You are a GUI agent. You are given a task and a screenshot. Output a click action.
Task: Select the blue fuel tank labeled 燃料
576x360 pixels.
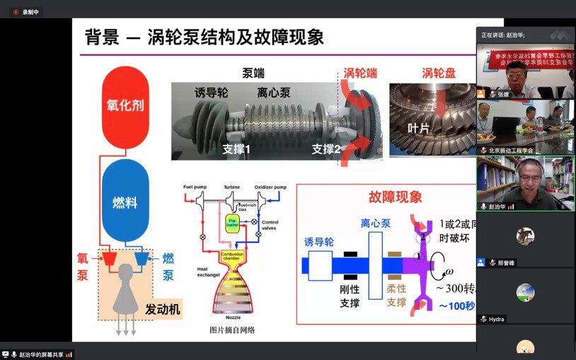(x=125, y=201)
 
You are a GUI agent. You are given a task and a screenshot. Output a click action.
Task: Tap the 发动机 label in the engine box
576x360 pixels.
(x=163, y=309)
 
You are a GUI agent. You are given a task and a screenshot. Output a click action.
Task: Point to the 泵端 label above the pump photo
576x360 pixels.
(x=253, y=74)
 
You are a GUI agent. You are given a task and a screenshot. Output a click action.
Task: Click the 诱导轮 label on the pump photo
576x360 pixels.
(x=212, y=93)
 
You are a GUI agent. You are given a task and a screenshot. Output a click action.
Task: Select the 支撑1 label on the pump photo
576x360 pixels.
(x=236, y=149)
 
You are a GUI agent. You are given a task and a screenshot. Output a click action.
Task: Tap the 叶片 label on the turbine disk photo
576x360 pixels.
(x=418, y=128)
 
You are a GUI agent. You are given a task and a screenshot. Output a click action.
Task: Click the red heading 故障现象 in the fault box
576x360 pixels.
(x=395, y=197)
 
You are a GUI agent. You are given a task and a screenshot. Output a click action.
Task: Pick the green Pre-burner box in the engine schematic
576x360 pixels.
(x=232, y=224)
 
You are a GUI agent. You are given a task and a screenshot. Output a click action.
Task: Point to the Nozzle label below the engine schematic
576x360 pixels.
(x=234, y=318)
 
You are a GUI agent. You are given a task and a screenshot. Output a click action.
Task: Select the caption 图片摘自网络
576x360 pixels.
(x=232, y=330)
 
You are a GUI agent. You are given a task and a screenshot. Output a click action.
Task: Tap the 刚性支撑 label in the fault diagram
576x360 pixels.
(x=350, y=296)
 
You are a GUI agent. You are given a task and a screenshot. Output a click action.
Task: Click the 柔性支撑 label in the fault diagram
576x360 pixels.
(x=396, y=296)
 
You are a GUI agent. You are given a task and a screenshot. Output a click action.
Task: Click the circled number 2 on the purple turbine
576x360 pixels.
(x=423, y=238)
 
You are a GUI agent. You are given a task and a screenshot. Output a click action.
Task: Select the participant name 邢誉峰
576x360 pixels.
(x=507, y=263)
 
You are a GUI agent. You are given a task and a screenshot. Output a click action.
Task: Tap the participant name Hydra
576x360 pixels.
(x=497, y=320)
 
